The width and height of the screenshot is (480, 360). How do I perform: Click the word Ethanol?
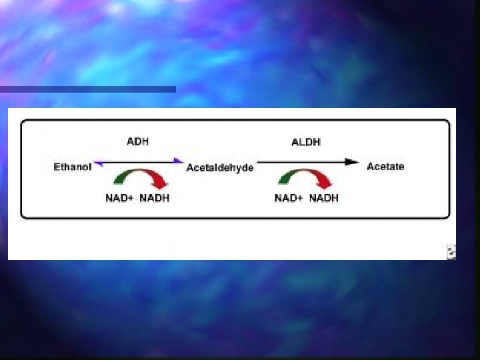point(72,167)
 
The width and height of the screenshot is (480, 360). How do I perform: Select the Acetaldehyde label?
point(220,168)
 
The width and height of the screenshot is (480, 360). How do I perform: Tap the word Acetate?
point(385,166)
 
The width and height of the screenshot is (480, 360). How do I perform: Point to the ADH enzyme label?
point(138,142)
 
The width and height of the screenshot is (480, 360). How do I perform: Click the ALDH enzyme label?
point(306,142)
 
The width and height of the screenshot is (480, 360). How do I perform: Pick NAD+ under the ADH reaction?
point(119,198)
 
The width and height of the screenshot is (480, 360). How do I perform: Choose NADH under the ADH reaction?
point(154,198)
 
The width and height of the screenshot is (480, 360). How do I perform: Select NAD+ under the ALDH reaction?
point(289,198)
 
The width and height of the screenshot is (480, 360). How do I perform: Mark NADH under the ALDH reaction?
point(323,198)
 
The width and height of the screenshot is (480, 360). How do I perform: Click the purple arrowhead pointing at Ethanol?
point(97,162)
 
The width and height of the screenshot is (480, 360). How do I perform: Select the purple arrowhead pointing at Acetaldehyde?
point(178,161)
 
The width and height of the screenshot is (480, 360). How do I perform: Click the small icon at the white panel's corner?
point(451,251)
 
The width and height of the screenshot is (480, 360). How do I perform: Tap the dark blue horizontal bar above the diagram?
point(87,89)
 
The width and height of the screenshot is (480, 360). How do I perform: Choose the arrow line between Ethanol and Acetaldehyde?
point(138,162)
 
